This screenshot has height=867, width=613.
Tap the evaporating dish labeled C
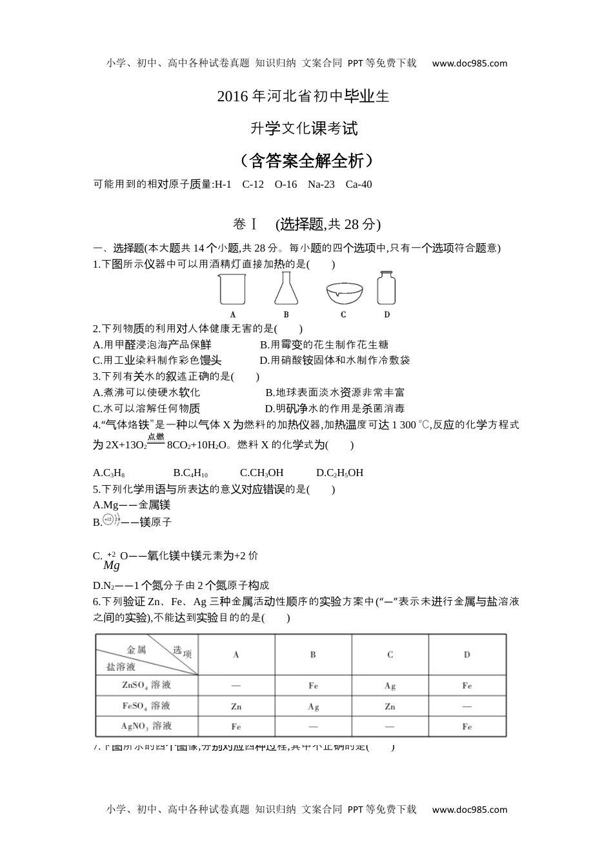coord(343,292)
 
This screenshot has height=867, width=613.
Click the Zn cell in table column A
coord(236,706)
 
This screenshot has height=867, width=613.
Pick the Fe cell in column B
coord(313,686)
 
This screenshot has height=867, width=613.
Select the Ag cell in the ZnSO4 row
coord(390,686)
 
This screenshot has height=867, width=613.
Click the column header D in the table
coord(467,655)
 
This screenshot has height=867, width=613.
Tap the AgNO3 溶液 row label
coord(146,726)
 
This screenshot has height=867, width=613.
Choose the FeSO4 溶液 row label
coord(146,706)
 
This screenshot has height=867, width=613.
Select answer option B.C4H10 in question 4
coord(190,473)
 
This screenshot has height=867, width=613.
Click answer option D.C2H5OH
coord(339,473)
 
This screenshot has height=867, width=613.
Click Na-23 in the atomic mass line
coord(321,184)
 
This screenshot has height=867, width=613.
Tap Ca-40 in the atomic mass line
coord(359,184)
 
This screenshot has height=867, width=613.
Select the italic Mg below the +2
coord(112,566)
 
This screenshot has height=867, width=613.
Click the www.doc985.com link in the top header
coord(469,63)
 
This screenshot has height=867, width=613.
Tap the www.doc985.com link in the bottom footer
coord(469,810)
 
